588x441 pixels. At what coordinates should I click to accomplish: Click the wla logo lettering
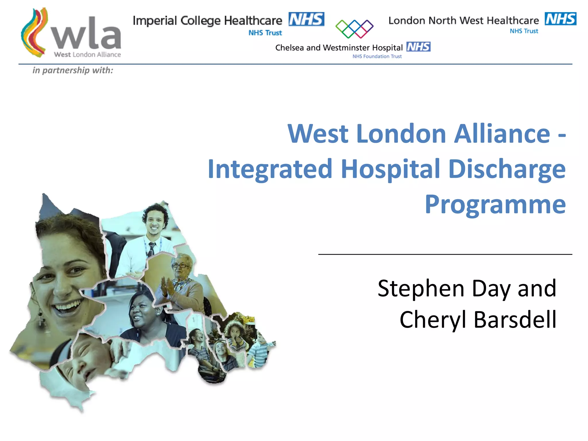pyautogui.click(x=86, y=34)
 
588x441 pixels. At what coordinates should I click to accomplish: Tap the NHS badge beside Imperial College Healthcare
pyautogui.click(x=306, y=19)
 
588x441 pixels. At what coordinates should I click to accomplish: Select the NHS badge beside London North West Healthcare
pyautogui.click(x=560, y=19)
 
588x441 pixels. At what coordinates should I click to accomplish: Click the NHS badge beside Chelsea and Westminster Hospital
pyautogui.click(x=418, y=47)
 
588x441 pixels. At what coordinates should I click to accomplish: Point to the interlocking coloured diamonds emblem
pyautogui.click(x=354, y=29)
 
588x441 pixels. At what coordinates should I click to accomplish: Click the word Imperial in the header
pyautogui.click(x=155, y=21)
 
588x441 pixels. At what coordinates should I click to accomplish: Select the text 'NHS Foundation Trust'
pyautogui.click(x=377, y=57)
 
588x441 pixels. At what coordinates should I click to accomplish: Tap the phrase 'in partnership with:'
pyautogui.click(x=73, y=70)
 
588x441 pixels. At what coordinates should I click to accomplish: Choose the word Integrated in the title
pyautogui.click(x=270, y=169)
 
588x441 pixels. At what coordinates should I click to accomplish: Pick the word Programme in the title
pyautogui.click(x=495, y=204)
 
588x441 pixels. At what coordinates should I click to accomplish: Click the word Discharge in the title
pyautogui.click(x=506, y=169)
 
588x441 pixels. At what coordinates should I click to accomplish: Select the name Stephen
pyautogui.click(x=421, y=288)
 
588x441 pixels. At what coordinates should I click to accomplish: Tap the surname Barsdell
pyautogui.click(x=515, y=320)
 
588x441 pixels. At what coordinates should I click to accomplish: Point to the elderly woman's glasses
pyautogui.click(x=180, y=265)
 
